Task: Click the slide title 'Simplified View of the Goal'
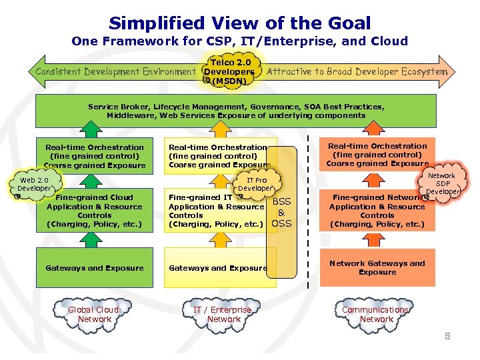tap(239, 23)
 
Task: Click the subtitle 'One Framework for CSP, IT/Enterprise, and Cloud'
tap(239, 41)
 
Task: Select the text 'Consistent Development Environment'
tap(115, 71)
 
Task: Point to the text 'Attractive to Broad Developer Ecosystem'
tap(357, 71)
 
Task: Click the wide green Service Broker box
tap(235, 111)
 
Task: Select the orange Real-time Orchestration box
tap(377, 155)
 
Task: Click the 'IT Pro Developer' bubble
tap(256, 185)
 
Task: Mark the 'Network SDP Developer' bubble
tap(441, 183)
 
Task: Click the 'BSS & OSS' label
tap(281, 212)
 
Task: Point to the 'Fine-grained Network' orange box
tap(377, 211)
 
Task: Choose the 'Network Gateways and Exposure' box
tap(377, 267)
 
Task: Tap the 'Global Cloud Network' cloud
tap(94, 314)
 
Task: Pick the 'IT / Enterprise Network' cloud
tap(223, 314)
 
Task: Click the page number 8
tap(447, 336)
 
